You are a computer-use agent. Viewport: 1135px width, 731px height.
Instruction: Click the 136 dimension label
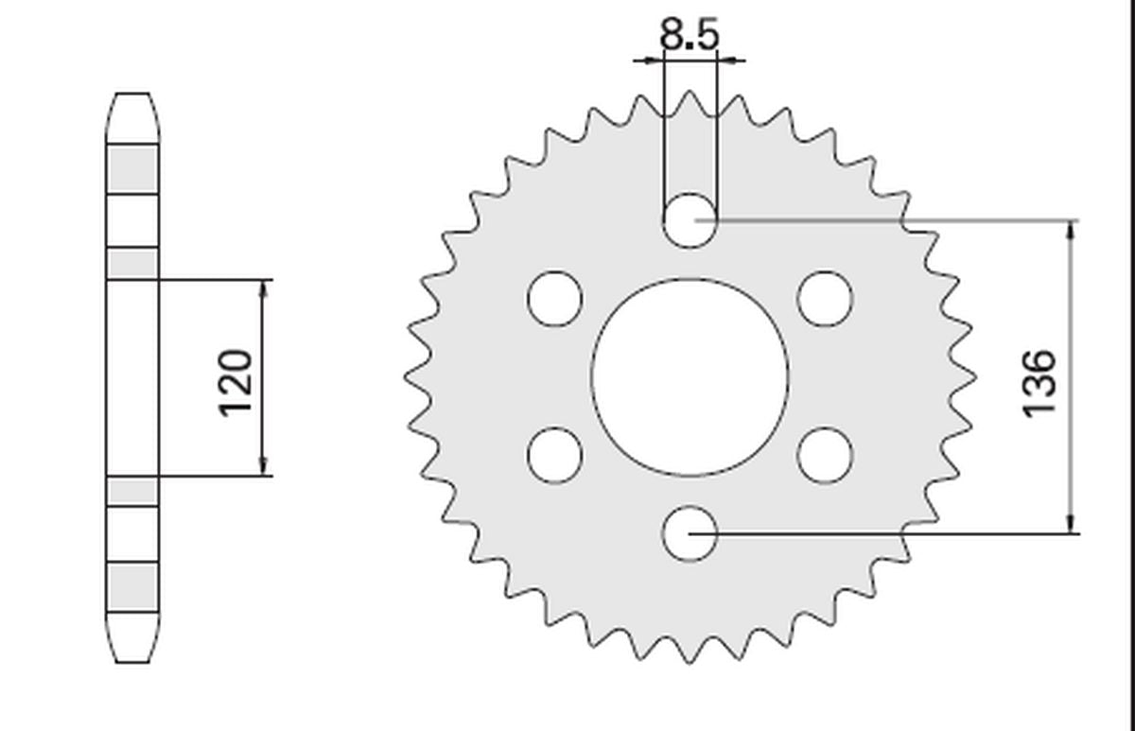(1039, 381)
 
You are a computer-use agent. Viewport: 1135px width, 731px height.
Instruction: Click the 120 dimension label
(236, 381)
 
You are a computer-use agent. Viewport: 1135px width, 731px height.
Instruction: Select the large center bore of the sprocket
(690, 376)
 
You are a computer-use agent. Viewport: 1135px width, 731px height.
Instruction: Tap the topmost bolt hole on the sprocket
(690, 220)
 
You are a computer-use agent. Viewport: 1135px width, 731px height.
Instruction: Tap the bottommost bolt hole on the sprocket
(690, 533)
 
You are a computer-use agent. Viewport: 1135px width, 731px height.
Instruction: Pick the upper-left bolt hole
(555, 299)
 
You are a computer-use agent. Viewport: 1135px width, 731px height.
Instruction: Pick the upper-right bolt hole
(825, 299)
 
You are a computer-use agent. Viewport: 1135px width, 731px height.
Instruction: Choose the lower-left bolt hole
(555, 455)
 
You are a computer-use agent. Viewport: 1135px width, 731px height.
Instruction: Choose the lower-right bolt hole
(825, 455)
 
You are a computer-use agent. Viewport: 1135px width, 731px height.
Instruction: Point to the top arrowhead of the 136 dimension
(1071, 230)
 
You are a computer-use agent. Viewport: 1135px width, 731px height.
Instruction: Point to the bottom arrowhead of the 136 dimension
(1071, 524)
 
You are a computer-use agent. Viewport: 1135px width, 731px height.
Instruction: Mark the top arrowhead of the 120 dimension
(264, 288)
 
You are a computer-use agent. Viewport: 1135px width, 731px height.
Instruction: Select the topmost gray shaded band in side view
(132, 169)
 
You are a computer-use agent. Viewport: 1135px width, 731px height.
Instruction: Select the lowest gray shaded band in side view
(132, 586)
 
